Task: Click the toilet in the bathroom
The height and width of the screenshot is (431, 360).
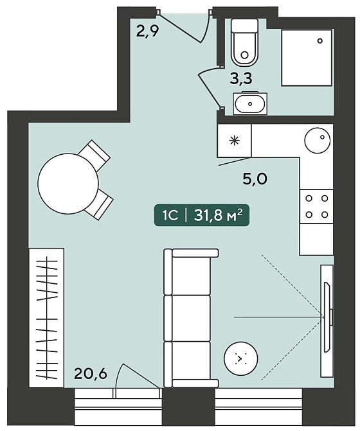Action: click(244, 42)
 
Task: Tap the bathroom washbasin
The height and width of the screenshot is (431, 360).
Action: click(250, 103)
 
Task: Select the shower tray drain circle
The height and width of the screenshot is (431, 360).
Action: click(319, 41)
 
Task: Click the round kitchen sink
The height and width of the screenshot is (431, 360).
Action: click(317, 140)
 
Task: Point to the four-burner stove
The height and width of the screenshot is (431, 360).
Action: click(316, 206)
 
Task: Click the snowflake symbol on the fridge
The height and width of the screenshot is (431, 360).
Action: click(234, 141)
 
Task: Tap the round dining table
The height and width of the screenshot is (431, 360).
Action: click(68, 183)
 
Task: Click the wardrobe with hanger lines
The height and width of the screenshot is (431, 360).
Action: click(46, 318)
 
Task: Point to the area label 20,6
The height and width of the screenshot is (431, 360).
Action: click(90, 374)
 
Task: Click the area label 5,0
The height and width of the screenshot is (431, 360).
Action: click(255, 179)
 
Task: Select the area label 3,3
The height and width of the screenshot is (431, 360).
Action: click(241, 79)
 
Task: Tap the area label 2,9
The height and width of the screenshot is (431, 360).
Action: click(148, 31)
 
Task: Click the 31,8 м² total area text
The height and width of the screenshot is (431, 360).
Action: click(218, 215)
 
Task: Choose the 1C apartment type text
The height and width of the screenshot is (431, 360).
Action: click(170, 216)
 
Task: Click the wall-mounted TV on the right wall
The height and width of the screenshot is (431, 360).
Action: click(328, 317)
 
